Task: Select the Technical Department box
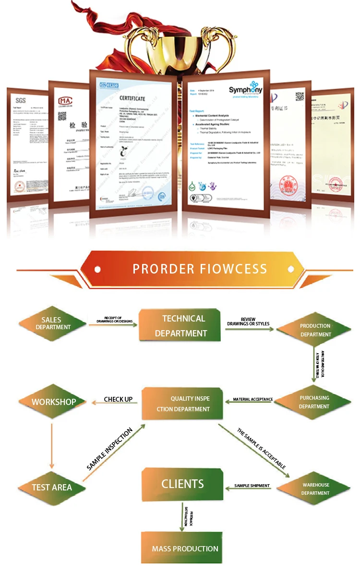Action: point(180,326)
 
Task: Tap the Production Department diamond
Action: point(315,330)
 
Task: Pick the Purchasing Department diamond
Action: point(314,402)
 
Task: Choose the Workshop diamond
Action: point(53,402)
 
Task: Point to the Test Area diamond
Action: point(52,487)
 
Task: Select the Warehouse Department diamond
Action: point(315,489)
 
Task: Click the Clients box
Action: point(182,484)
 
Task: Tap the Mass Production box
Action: point(185,548)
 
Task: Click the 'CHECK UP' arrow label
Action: point(118,399)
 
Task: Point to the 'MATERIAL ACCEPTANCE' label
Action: point(253,399)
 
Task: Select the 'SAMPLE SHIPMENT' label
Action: point(252,486)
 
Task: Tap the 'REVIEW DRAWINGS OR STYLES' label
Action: point(248,322)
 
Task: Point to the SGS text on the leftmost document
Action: point(20,100)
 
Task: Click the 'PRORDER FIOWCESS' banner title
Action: point(200,268)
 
